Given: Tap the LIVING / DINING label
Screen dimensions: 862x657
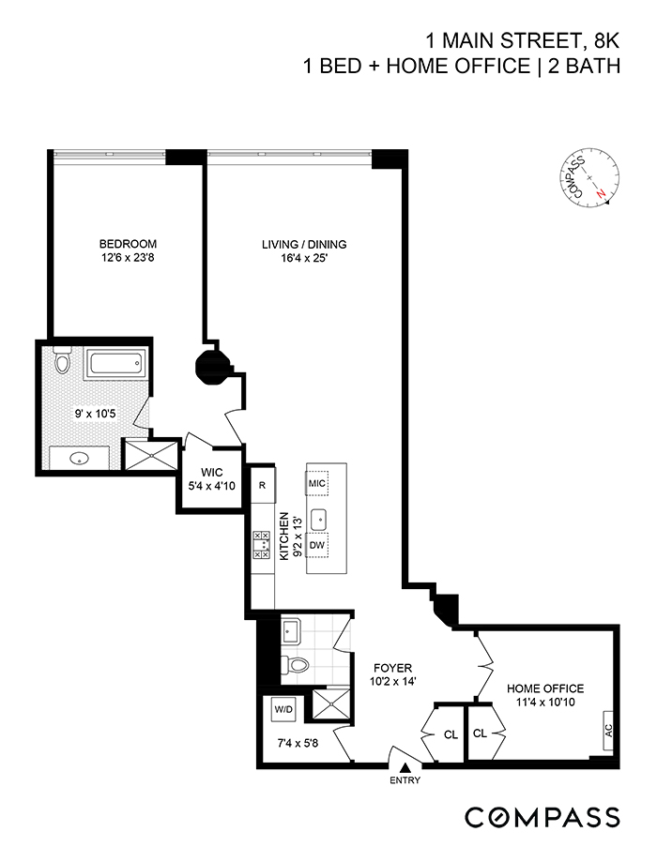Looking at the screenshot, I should tap(297, 245).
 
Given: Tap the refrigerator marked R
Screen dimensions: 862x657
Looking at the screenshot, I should tap(263, 486).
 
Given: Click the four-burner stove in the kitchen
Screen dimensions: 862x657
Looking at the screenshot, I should tap(262, 543).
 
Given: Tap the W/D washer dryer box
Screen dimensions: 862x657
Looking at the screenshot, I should tap(283, 710).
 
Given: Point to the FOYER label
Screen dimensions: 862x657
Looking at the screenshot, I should tap(386, 670).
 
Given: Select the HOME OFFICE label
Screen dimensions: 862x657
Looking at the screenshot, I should tap(545, 688).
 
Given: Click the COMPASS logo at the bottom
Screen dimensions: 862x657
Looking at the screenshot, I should tap(542, 816).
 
